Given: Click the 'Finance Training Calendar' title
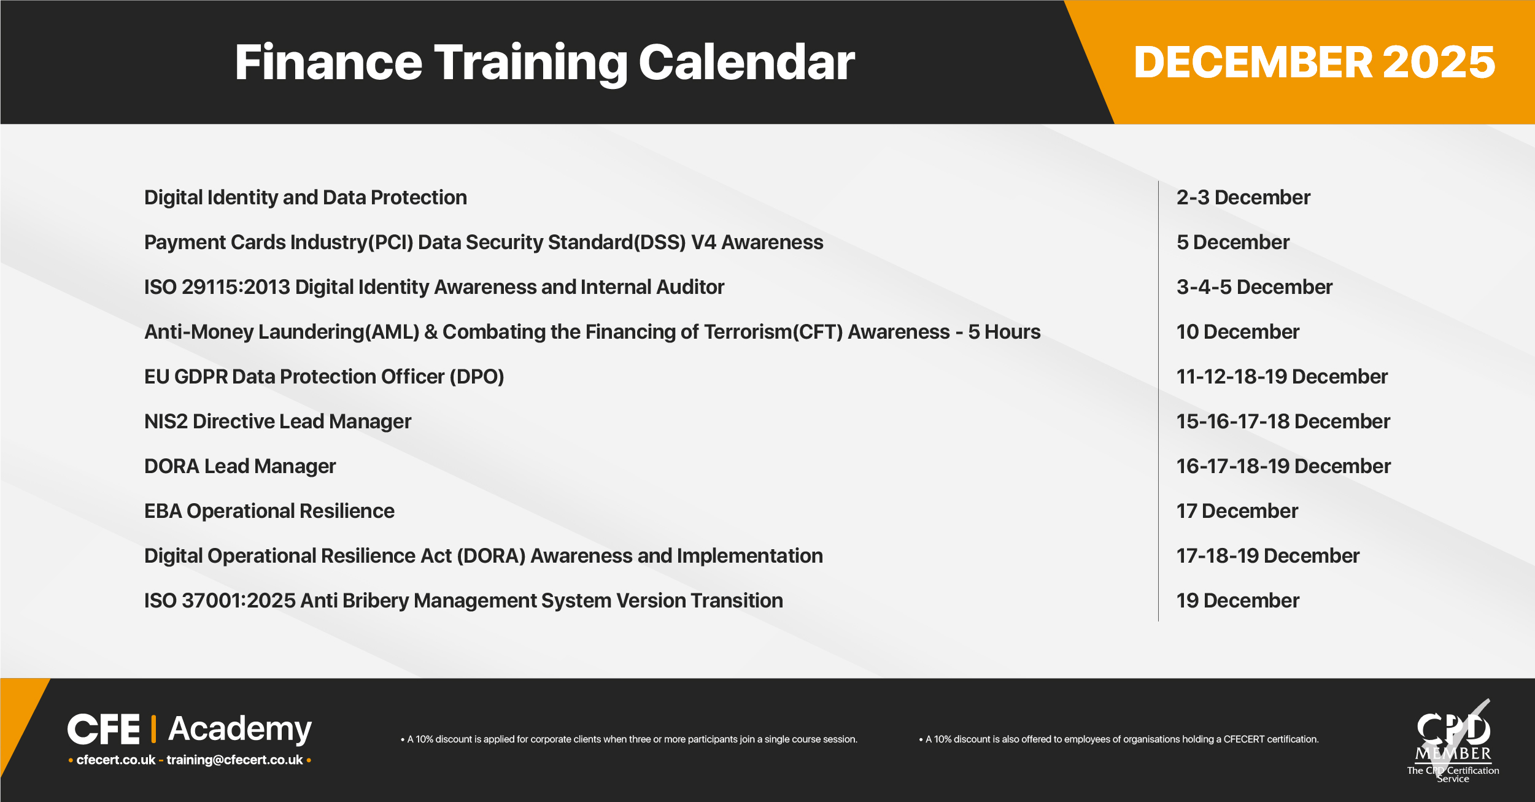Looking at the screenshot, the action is (x=544, y=63).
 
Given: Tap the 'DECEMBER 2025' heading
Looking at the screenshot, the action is (x=1315, y=62).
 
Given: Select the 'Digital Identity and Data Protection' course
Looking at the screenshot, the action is (x=306, y=198).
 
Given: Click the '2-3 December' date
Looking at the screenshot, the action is (x=1243, y=198).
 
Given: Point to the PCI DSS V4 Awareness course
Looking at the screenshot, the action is (x=484, y=242).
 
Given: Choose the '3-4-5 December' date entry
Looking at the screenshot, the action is (x=1255, y=287).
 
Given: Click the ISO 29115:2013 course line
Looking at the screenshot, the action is (x=434, y=287).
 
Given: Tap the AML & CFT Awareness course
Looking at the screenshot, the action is (x=592, y=332).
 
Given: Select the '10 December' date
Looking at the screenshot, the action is (x=1238, y=332).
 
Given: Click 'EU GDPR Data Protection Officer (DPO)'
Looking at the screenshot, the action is (x=324, y=377).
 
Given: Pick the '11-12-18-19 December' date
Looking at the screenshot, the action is (x=1282, y=377).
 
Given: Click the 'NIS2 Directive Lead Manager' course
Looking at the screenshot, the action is (x=277, y=422).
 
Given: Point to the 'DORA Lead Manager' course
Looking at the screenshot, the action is (x=240, y=466).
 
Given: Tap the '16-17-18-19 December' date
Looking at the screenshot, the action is (x=1283, y=466).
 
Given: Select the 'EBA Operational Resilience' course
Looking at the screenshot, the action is (x=269, y=511).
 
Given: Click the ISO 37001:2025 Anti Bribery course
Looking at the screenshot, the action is (x=463, y=601).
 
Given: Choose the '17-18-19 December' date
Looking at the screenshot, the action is (x=1268, y=556).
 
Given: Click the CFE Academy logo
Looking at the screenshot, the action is (x=190, y=730).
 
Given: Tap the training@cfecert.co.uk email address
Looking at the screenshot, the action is (x=234, y=760).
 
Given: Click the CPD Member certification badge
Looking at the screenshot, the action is (x=1453, y=741).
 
